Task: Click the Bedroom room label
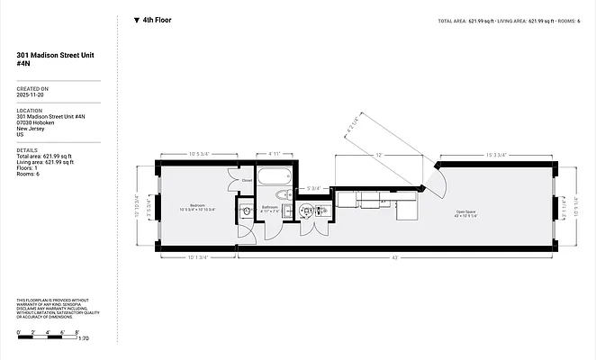[196, 206]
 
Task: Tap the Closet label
[247, 180]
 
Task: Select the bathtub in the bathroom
[275, 175]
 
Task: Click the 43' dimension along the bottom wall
[395, 259]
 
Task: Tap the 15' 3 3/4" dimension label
[498, 156]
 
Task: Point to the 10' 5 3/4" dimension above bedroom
[199, 155]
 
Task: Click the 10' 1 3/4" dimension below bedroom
[197, 259]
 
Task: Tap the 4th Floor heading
[157, 20]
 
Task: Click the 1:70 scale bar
[54, 338]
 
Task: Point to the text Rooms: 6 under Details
[32, 173]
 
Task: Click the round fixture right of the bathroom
[307, 211]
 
